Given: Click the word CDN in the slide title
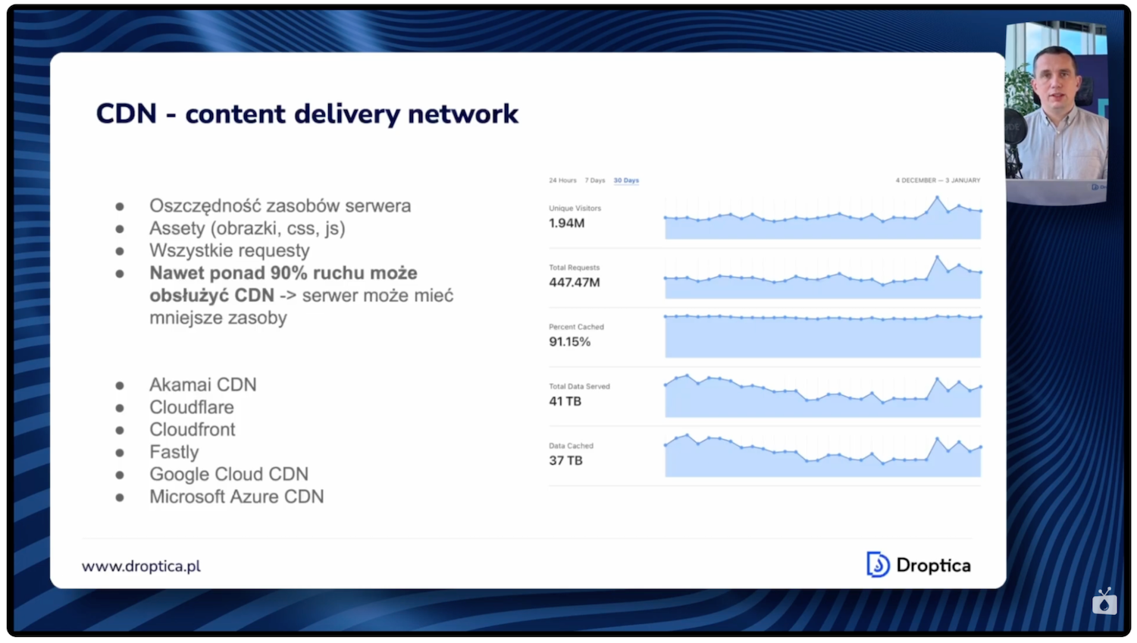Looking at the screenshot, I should click(126, 114).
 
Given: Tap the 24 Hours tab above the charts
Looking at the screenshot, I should click(562, 180).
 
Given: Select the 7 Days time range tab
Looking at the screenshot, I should click(595, 180).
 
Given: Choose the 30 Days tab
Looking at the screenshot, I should click(626, 180).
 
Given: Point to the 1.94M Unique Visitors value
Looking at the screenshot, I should click(566, 224).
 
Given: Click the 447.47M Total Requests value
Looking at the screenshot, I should click(574, 283).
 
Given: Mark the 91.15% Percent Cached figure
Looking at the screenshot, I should click(569, 342).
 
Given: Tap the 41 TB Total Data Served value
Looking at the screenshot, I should click(565, 401).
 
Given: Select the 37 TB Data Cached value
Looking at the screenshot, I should click(565, 460).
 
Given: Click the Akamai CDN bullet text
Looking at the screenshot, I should click(202, 384).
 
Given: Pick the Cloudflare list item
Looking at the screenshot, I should click(191, 407).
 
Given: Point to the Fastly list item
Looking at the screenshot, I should click(174, 452).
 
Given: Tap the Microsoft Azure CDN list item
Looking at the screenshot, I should click(236, 497).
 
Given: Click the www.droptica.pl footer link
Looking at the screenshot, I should click(141, 566).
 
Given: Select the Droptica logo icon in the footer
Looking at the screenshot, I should click(877, 565).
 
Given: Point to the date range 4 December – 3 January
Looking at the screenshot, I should click(938, 180).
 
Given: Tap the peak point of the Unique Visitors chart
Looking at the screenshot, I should click(937, 197).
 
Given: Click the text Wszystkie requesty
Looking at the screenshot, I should click(229, 250).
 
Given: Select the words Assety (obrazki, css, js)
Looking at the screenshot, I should click(247, 228).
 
